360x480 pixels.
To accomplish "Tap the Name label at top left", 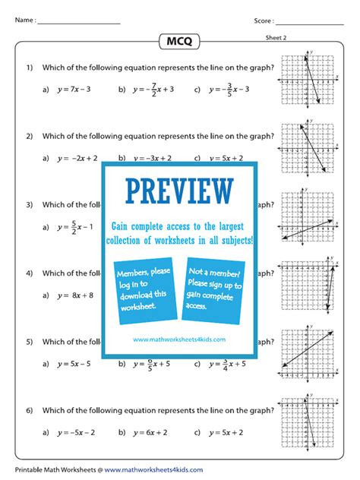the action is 24,21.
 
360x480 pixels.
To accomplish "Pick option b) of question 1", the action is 151,89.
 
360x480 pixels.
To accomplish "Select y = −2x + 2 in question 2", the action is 75,158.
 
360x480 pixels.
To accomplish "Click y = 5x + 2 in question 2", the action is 225,158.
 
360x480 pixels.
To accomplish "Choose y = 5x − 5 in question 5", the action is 74,364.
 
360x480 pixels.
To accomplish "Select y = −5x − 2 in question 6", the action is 75,432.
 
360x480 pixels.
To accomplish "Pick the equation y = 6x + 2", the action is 151,432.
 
